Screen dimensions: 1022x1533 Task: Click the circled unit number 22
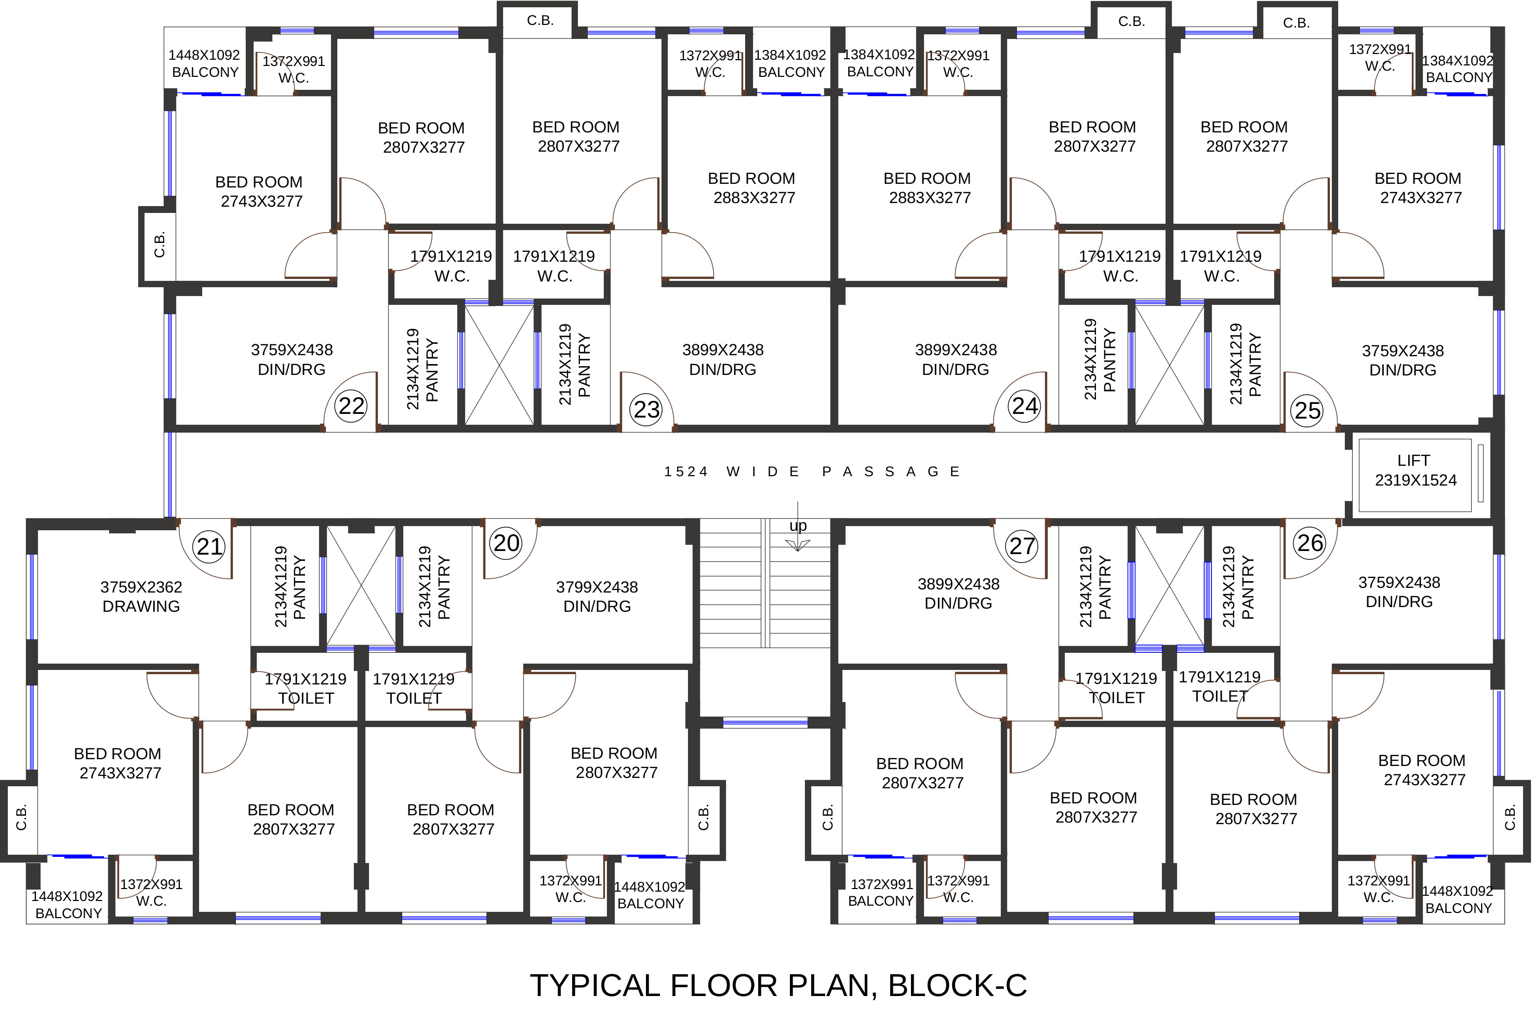(x=351, y=406)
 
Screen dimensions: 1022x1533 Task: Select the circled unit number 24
(x=1024, y=406)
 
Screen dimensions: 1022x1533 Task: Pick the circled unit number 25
(x=1307, y=411)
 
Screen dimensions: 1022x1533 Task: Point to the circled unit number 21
(x=210, y=546)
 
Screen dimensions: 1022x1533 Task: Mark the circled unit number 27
(x=1022, y=546)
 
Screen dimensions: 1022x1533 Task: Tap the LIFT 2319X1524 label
(x=1415, y=470)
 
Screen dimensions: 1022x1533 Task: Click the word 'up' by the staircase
(x=798, y=526)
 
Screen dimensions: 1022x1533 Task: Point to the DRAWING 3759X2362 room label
(x=141, y=596)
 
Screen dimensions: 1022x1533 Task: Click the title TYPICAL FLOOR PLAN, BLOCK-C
(x=778, y=986)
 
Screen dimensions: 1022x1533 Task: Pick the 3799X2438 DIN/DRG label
(x=597, y=596)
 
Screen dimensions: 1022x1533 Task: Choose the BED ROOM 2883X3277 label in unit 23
(x=753, y=187)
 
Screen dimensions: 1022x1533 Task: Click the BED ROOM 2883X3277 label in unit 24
(x=929, y=187)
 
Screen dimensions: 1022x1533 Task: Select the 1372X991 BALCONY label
(x=881, y=893)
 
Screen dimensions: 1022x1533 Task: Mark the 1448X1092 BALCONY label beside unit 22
(x=205, y=63)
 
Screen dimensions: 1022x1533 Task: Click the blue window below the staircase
(x=765, y=722)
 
